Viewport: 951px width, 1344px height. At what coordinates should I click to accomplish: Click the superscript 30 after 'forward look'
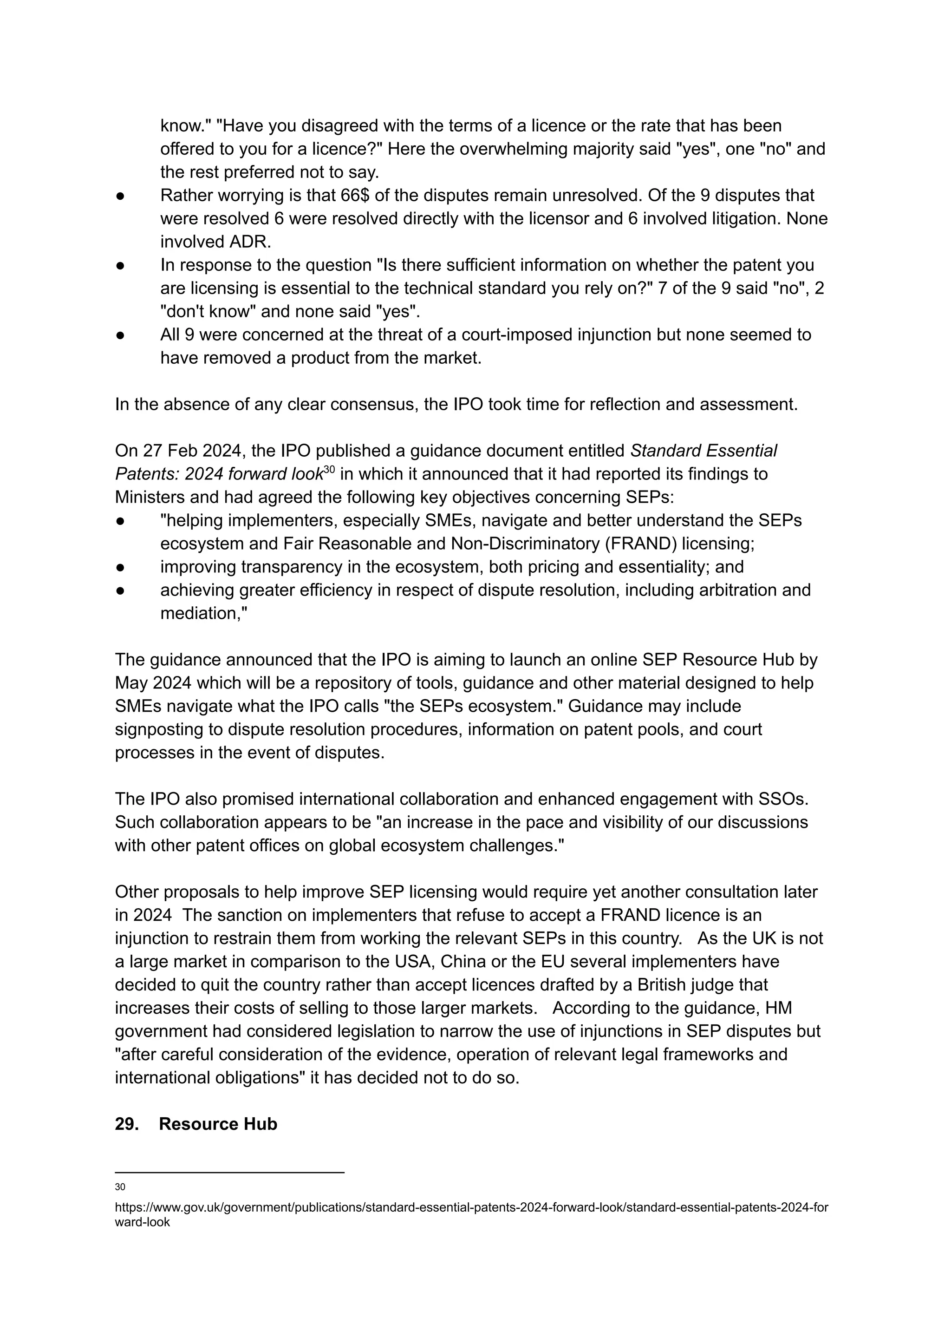[x=329, y=469]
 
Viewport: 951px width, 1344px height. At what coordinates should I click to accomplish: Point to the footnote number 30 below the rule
[x=120, y=1187]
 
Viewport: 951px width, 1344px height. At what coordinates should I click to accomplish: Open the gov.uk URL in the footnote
[x=471, y=1208]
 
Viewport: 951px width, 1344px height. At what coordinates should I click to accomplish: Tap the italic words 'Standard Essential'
[x=703, y=451]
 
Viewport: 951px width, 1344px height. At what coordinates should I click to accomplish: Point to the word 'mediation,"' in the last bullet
[x=204, y=613]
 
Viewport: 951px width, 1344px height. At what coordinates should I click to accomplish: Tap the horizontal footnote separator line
[x=229, y=1172]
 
